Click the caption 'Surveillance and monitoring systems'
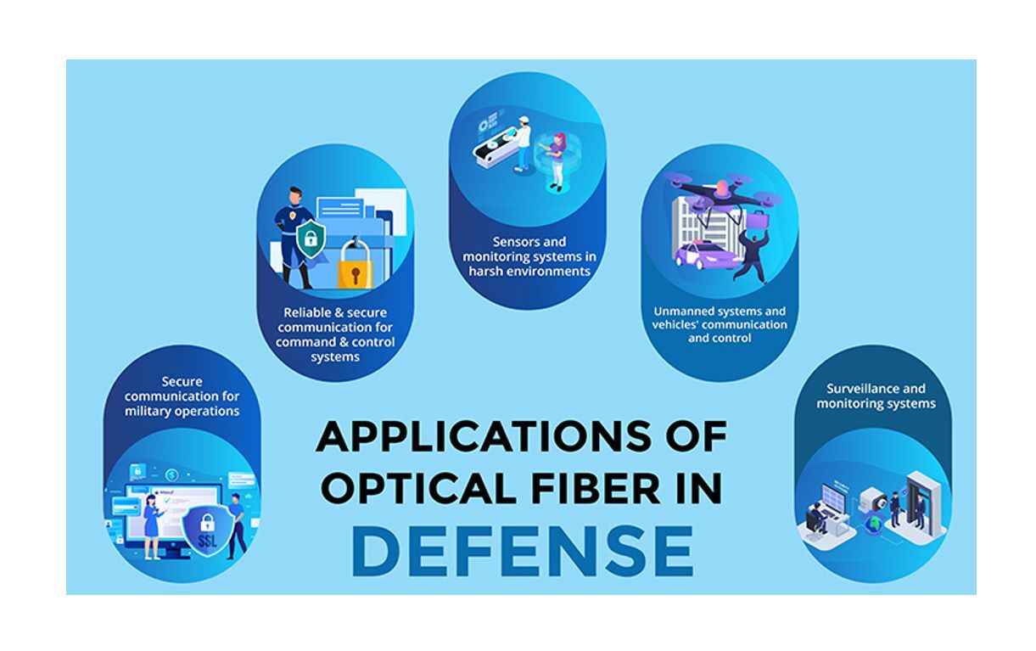pyautogui.click(x=876, y=396)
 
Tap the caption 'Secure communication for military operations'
pyautogui.click(x=182, y=396)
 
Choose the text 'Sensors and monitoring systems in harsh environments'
pyautogui.click(x=529, y=257)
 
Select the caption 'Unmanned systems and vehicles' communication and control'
pyautogui.click(x=720, y=324)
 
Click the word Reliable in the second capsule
pyautogui.click(x=309, y=312)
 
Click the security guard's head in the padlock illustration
pyautogui.click(x=289, y=197)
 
